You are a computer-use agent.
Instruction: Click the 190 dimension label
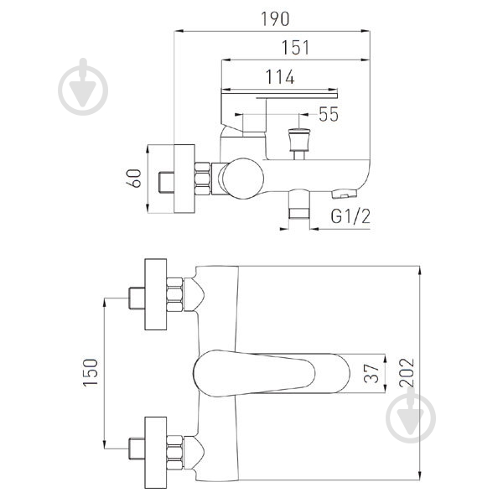pos(275,19)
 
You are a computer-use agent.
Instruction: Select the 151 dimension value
pos(295,47)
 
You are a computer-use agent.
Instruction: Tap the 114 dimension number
pos(280,77)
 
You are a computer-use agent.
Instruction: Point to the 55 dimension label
pos(329,114)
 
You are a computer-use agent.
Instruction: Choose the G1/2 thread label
pos(350,216)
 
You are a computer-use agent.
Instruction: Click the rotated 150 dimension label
pos(91,372)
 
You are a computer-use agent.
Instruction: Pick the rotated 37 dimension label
pos(371,373)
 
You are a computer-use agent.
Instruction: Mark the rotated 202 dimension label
pos(407,372)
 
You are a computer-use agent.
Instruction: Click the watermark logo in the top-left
pos(83,86)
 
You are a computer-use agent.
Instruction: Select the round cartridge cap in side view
pos(243,179)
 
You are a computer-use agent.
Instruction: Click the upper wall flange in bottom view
pos(156,294)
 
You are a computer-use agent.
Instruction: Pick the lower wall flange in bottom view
pos(156,453)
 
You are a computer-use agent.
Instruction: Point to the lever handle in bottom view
pos(271,373)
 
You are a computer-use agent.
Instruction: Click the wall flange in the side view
pos(184,179)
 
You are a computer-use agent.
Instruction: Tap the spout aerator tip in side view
pos(345,194)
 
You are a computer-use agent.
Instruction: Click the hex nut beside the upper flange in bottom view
pos(175,294)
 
